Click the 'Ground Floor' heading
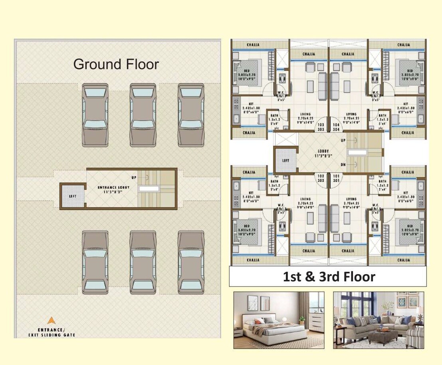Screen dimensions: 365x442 click(x=116, y=64)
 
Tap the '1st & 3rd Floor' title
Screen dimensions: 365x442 click(x=329, y=277)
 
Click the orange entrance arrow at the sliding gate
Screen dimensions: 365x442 click(x=51, y=321)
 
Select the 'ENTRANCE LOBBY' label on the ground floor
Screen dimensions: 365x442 click(x=112, y=189)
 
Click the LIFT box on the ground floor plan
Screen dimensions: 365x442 click(x=72, y=196)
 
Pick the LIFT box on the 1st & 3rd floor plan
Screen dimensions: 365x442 click(x=286, y=160)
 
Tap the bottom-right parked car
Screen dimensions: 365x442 click(x=191, y=262)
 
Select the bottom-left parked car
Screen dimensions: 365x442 click(x=95, y=262)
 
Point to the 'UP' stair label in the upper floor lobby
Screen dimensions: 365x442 click(x=343, y=141)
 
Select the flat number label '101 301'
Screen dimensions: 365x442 click(x=336, y=178)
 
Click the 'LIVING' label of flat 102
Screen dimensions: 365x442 click(x=305, y=199)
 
